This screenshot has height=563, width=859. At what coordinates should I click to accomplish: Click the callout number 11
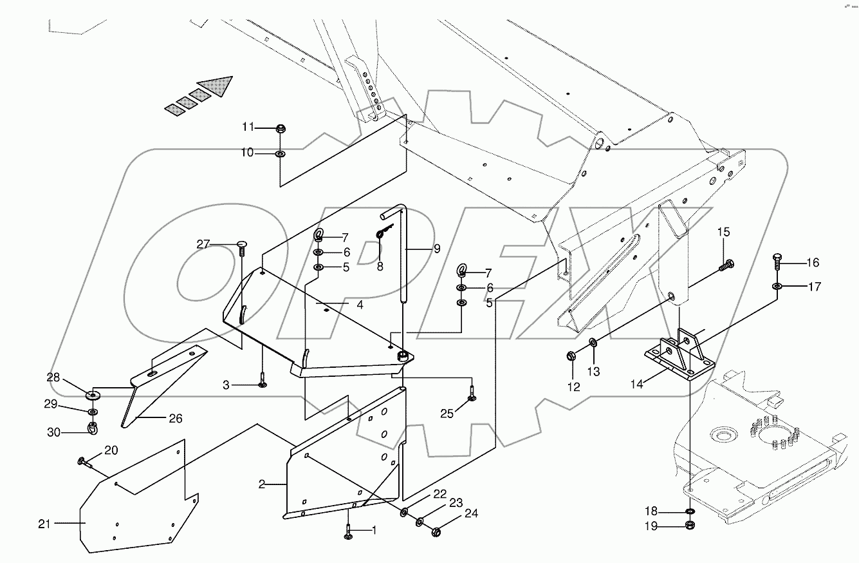pos(248,127)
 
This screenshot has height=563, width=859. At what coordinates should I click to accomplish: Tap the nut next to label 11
pos(281,129)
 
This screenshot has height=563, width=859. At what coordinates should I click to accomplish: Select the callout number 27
pos(203,243)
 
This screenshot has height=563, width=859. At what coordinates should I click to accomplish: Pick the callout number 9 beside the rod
pos(437,248)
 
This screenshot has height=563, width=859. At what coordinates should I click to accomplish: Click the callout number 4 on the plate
pos(360,305)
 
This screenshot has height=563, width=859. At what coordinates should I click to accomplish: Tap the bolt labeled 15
pos(728,263)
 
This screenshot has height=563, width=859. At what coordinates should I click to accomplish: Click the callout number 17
pos(815,287)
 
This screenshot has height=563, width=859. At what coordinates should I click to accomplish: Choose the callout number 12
pos(573,387)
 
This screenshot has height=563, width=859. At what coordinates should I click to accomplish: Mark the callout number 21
pos(44,524)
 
